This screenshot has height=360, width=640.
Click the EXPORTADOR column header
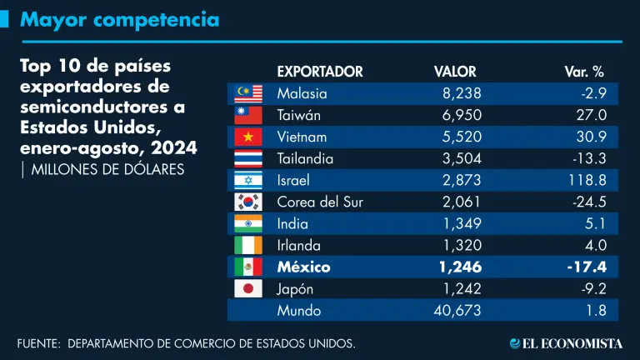[319, 72]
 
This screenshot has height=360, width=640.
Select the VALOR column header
[454, 72]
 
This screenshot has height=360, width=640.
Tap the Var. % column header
[583, 72]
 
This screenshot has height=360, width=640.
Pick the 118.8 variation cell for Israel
[587, 180]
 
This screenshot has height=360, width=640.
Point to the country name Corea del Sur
[320, 202]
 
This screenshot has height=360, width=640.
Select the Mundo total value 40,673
[457, 312]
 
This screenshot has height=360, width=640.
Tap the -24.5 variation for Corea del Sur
[587, 202]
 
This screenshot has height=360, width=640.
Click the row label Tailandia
[305, 158]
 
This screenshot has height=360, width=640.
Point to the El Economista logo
[566, 342]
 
